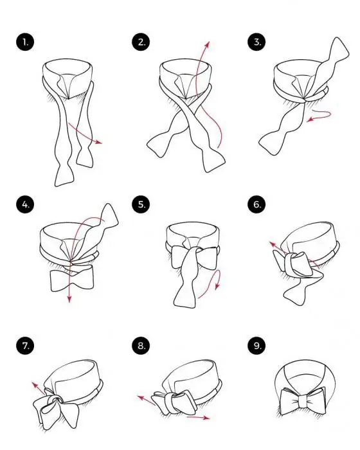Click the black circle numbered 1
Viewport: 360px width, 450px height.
pos(25,42)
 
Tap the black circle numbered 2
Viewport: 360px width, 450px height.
pos(141,42)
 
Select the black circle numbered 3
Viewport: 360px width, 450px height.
pos(256,42)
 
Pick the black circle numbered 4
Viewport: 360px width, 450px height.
pos(25,204)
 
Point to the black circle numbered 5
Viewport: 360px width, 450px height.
pos(141,204)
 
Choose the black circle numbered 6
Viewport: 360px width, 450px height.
pos(256,204)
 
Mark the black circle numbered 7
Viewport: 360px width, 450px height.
pos(25,346)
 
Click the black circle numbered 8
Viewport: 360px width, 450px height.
pos(141,346)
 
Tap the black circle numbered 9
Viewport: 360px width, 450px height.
pos(256,346)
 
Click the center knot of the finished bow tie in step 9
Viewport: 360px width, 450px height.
pos(303,401)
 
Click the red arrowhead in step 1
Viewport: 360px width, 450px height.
pos(99,142)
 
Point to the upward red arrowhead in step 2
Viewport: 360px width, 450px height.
pos(208,44)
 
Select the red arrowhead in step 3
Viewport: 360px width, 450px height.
pos(310,120)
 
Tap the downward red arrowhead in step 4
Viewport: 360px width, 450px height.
pos(69,299)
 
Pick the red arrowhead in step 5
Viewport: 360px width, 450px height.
pos(217,286)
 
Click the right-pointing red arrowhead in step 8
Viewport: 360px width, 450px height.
pos(206,418)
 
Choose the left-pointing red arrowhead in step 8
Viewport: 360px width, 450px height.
pos(141,398)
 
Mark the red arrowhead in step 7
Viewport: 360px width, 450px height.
pos(35,384)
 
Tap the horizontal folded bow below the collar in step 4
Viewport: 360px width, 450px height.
pos(72,278)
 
